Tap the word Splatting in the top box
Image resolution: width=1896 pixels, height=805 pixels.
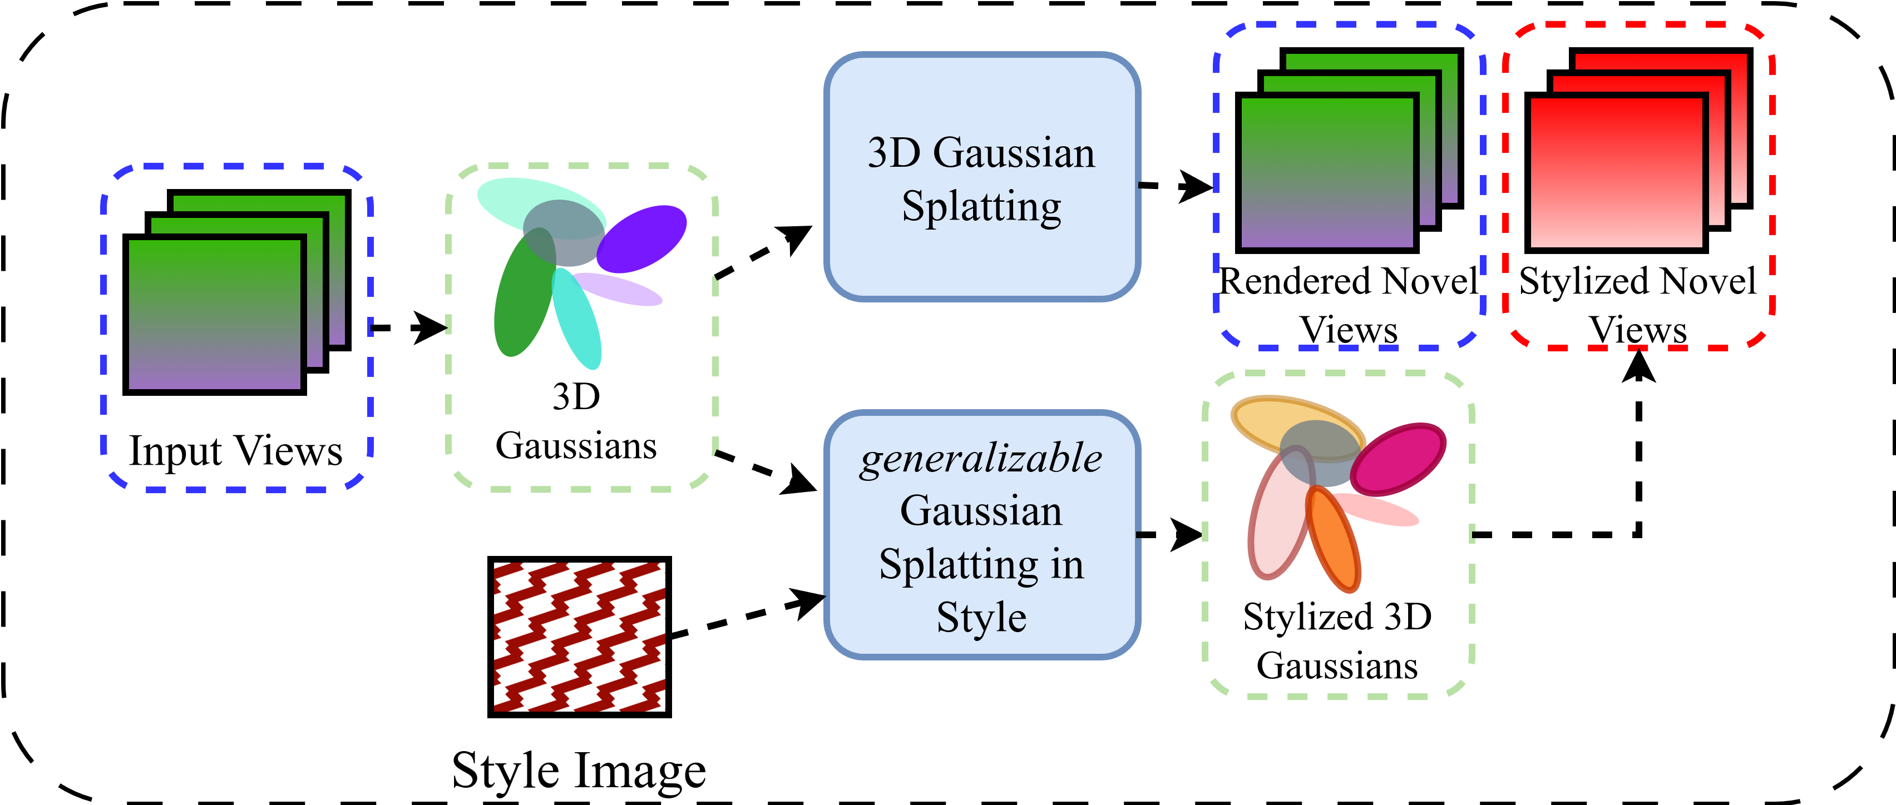coord(981,206)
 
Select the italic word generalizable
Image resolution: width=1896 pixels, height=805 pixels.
coord(981,459)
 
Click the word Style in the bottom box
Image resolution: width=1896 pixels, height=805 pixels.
coord(981,617)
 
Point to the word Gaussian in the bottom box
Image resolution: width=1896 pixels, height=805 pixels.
coord(981,511)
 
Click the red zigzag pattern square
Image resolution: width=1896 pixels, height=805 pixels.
coord(579,637)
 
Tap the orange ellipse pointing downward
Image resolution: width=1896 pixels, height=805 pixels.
coord(1336,544)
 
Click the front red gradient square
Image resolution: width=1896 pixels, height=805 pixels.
coord(1616,173)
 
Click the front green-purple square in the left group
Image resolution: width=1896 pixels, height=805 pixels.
coord(214,314)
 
